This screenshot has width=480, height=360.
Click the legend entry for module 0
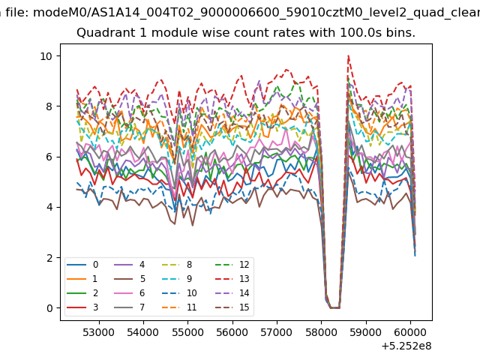pyautogui.click(x=82, y=265)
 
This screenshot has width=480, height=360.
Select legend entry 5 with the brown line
pyautogui.click(x=130, y=279)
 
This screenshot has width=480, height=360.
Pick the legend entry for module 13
pyautogui.click(x=232, y=279)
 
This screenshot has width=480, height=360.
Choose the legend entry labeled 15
pyautogui.click(x=232, y=307)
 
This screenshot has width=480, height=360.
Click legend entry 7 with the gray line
pyautogui.click(x=130, y=307)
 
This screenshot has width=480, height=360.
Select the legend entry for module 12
pyautogui.click(x=232, y=265)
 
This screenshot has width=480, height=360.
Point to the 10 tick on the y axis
pyautogui.click(x=46, y=56)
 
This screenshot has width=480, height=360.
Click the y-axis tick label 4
pyautogui.click(x=49, y=207)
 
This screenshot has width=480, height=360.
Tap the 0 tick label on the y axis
pyautogui.click(x=49, y=308)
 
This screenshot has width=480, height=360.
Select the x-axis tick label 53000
pyautogui.click(x=98, y=332)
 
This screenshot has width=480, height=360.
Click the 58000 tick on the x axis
pyautogui.click(x=322, y=332)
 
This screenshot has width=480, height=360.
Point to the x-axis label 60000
pyautogui.click(x=410, y=332)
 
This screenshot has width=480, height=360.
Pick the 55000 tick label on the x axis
pyautogui.click(x=187, y=332)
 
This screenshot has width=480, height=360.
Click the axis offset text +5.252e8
pyautogui.click(x=406, y=346)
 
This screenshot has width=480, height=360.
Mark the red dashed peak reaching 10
pyautogui.click(x=348, y=55)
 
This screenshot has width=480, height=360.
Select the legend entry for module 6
pyautogui.click(x=130, y=293)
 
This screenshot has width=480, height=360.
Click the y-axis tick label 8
pyautogui.click(x=49, y=106)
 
